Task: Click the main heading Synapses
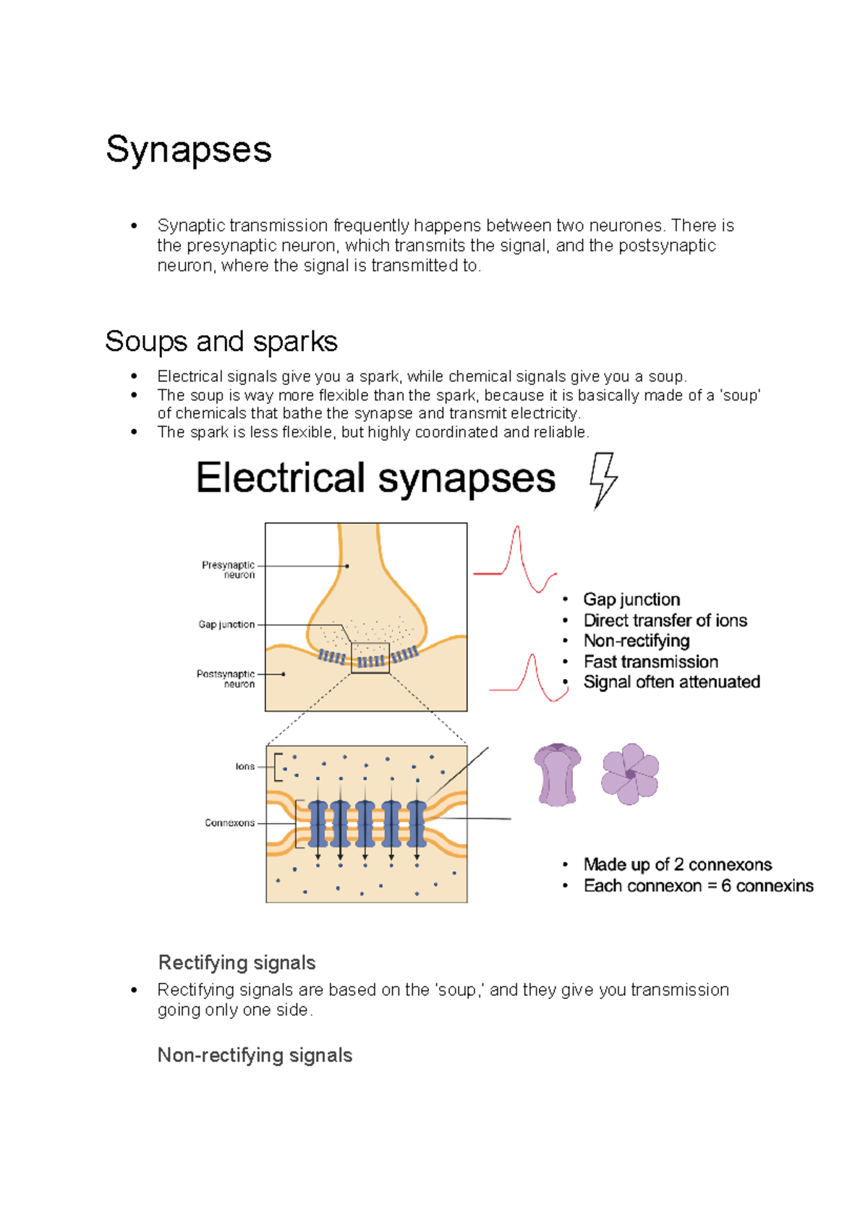pyautogui.click(x=188, y=150)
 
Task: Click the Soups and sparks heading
pyautogui.click(x=221, y=342)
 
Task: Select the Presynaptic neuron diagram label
pyautogui.click(x=229, y=570)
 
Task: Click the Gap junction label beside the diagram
pyautogui.click(x=226, y=624)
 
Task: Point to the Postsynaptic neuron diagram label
pyautogui.click(x=226, y=678)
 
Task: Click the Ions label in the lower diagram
pyautogui.click(x=244, y=766)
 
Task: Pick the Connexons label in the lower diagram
pyautogui.click(x=229, y=823)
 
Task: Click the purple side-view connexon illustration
pyautogui.click(x=557, y=774)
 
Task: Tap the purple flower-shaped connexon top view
pyautogui.click(x=630, y=774)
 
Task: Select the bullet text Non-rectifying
pyautogui.click(x=636, y=641)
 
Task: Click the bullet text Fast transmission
pyautogui.click(x=650, y=662)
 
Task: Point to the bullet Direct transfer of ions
pyautogui.click(x=665, y=620)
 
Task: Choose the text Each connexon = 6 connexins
pyautogui.click(x=698, y=885)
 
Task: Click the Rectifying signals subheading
pyautogui.click(x=237, y=963)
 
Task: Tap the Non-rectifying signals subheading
pyautogui.click(x=255, y=1055)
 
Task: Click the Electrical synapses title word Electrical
pyautogui.click(x=280, y=478)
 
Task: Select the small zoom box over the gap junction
pyautogui.click(x=370, y=658)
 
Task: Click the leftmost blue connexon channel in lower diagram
pyautogui.click(x=318, y=824)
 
